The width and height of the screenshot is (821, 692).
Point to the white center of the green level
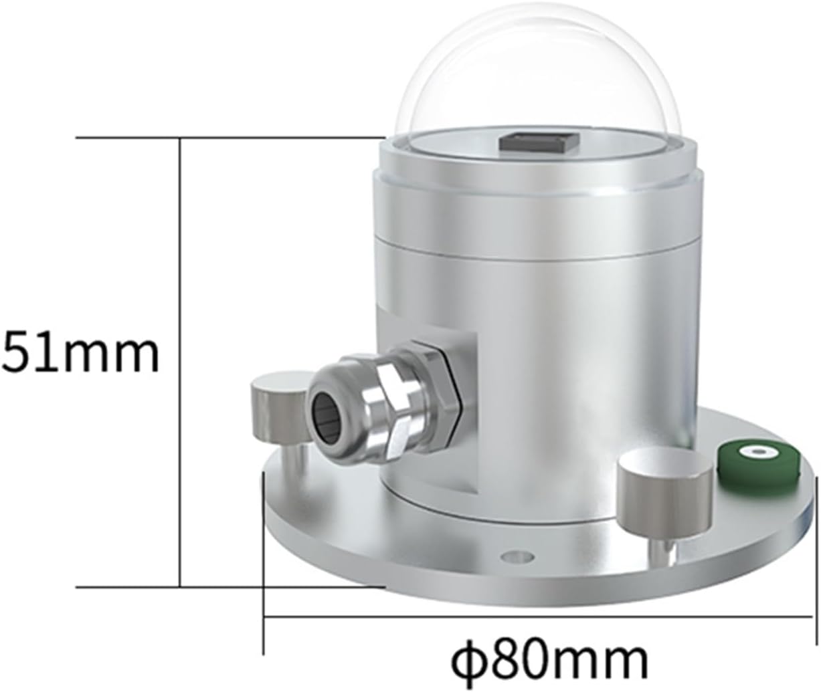[758, 452]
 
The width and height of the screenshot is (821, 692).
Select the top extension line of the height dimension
[227, 138]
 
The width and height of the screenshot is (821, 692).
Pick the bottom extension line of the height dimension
[227, 587]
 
